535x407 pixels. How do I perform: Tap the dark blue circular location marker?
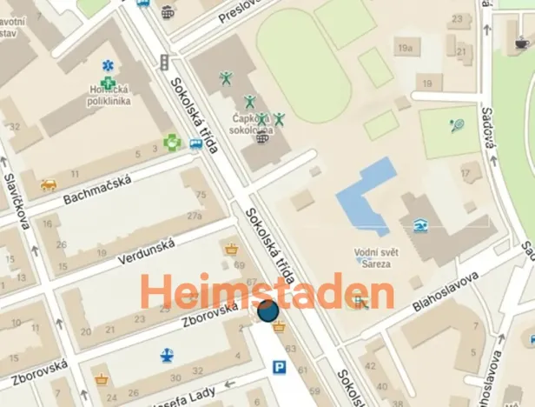click(267, 310)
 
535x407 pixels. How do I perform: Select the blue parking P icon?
click(280, 368)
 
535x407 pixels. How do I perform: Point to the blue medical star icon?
click(108, 66)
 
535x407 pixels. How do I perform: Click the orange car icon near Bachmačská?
click(50, 184)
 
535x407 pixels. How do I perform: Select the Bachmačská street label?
click(96, 189)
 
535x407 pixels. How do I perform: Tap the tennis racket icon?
click(457, 125)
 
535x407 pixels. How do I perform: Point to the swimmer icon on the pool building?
click(421, 225)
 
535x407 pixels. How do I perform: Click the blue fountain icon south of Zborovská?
click(168, 355)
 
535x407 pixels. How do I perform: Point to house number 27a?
click(195, 216)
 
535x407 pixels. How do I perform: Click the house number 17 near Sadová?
click(466, 174)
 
